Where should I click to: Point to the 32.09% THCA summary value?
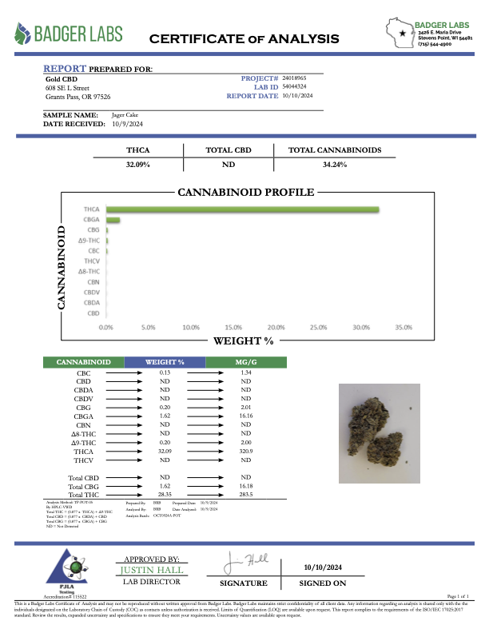point(138,164)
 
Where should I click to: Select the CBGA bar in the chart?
point(113,220)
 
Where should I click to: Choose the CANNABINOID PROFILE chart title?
point(245,193)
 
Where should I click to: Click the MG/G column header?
point(246,363)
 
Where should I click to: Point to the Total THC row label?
point(83,496)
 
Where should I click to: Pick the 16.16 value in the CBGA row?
point(246,416)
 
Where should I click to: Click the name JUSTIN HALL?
point(151,570)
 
